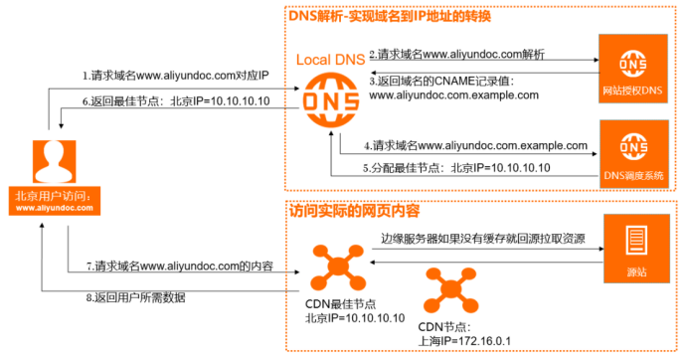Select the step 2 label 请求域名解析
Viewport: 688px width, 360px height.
[x=457, y=53]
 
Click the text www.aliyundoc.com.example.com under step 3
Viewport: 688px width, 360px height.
[x=453, y=95]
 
